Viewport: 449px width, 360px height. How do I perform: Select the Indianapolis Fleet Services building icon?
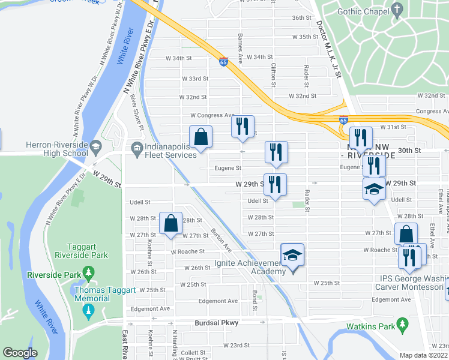[x=136, y=146]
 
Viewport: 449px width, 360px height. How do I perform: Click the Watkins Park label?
[x=369, y=326]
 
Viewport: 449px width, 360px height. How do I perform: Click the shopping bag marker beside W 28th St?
[x=171, y=224]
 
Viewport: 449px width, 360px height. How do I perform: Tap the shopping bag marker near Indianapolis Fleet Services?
[x=201, y=137]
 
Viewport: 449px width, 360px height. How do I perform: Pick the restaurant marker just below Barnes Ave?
[x=243, y=126]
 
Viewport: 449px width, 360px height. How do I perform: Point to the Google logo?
[x=20, y=352]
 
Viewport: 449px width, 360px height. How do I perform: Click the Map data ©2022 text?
[x=423, y=355]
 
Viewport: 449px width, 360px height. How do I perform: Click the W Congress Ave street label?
[x=212, y=115]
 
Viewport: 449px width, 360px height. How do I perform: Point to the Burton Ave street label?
[x=221, y=238]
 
